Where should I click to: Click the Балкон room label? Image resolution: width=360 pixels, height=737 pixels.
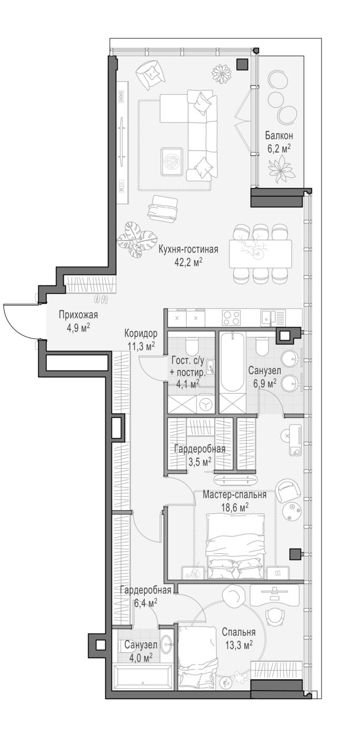(x=279, y=136)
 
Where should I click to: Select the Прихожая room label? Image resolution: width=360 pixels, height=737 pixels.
(x=78, y=315)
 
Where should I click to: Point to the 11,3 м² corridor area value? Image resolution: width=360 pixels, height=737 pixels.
(x=141, y=346)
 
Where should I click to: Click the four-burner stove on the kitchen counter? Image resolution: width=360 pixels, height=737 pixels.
(x=231, y=318)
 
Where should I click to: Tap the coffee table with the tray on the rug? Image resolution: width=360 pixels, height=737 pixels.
(x=172, y=162)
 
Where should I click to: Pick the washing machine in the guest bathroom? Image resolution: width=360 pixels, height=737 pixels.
(x=206, y=404)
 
